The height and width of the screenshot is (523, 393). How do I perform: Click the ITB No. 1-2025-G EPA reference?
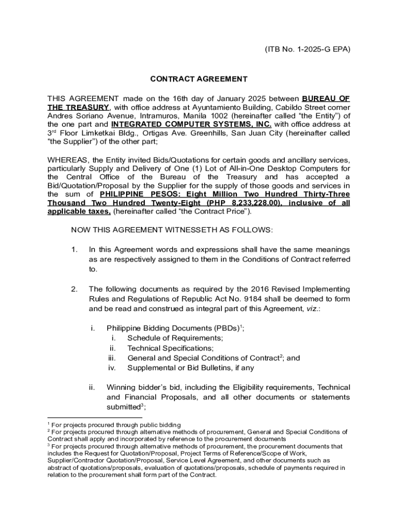point(308,50)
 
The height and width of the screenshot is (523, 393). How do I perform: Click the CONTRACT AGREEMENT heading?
point(199,79)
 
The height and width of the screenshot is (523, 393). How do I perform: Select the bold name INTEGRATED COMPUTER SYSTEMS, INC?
point(191,124)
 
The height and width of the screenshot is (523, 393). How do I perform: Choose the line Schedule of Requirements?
point(175,338)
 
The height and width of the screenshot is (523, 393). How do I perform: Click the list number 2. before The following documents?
point(75,289)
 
